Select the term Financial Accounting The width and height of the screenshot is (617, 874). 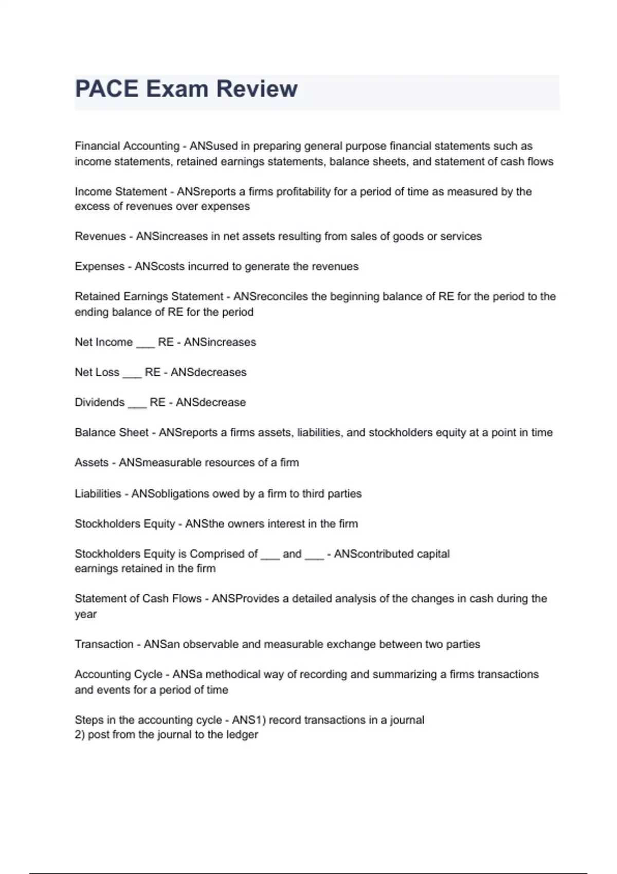pos(127,146)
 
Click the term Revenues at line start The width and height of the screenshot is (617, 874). pos(100,236)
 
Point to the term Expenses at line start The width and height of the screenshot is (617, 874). pos(100,267)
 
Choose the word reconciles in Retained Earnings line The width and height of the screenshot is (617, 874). pos(281,297)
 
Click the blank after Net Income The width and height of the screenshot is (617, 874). pos(145,343)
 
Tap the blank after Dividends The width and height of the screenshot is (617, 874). pos(137,404)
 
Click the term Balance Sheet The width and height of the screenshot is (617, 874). pos(112,433)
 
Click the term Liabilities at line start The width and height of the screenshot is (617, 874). pos(98,494)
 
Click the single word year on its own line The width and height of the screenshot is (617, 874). pos(85,614)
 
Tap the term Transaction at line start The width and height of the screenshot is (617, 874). pos(104,645)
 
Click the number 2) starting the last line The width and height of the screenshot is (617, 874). pos(80,735)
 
